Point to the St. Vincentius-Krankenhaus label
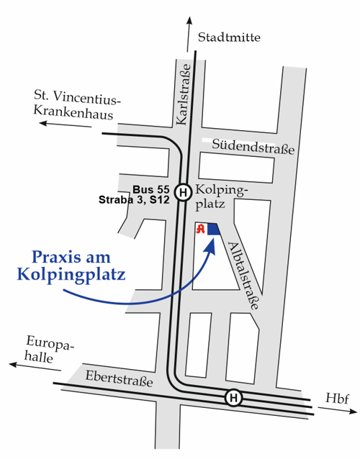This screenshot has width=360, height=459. click(x=78, y=104)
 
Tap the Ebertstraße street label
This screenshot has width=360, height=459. click(x=119, y=378)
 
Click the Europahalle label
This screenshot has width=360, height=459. click(x=50, y=350)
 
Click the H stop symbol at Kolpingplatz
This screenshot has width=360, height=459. click(x=184, y=192)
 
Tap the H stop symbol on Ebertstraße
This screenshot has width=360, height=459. click(x=233, y=397)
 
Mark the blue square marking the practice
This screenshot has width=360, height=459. click(x=213, y=229)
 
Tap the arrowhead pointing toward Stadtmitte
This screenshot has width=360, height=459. click(x=191, y=21)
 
